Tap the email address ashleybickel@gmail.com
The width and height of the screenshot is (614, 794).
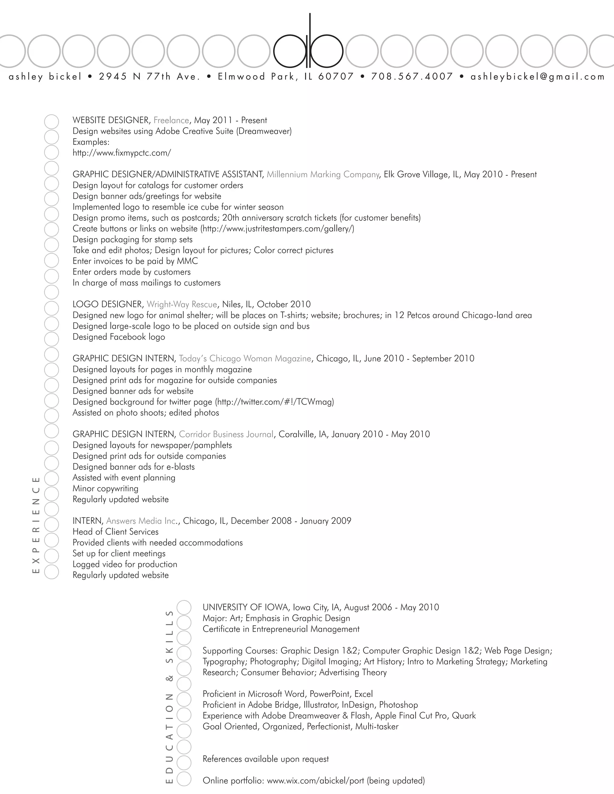point(537,77)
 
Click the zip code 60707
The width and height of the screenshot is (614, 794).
point(336,77)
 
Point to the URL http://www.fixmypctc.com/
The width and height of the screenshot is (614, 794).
point(121,153)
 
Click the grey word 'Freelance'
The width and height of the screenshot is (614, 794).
point(171,120)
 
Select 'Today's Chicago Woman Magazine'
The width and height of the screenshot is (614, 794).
point(245,358)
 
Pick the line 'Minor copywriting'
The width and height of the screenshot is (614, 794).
point(106,488)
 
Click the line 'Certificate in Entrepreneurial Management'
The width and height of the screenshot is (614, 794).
point(281,629)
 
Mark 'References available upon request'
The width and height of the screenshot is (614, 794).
point(266,759)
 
